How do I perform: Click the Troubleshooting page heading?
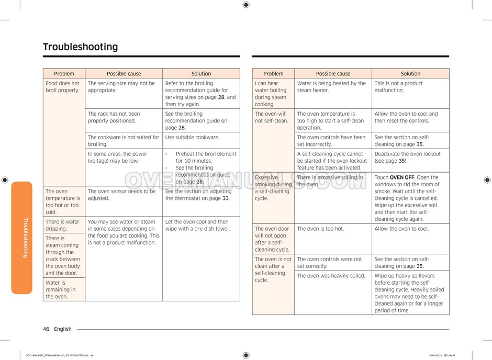[80, 47]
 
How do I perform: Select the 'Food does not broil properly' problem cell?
[63, 87]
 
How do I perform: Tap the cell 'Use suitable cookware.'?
[192, 138]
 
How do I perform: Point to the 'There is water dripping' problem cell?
[63, 225]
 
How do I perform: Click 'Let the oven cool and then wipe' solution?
[197, 225]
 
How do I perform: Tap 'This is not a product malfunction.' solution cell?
[398, 87]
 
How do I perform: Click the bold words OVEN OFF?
[402, 177]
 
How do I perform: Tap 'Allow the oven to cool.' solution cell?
[401, 229]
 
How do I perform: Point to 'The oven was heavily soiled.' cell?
[331, 276]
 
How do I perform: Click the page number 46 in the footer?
[46, 329]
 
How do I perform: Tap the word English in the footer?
[63, 329]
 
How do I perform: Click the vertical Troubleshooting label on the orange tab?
[25, 238]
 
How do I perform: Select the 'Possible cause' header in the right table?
[333, 74]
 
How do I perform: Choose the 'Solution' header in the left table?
[201, 74]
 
